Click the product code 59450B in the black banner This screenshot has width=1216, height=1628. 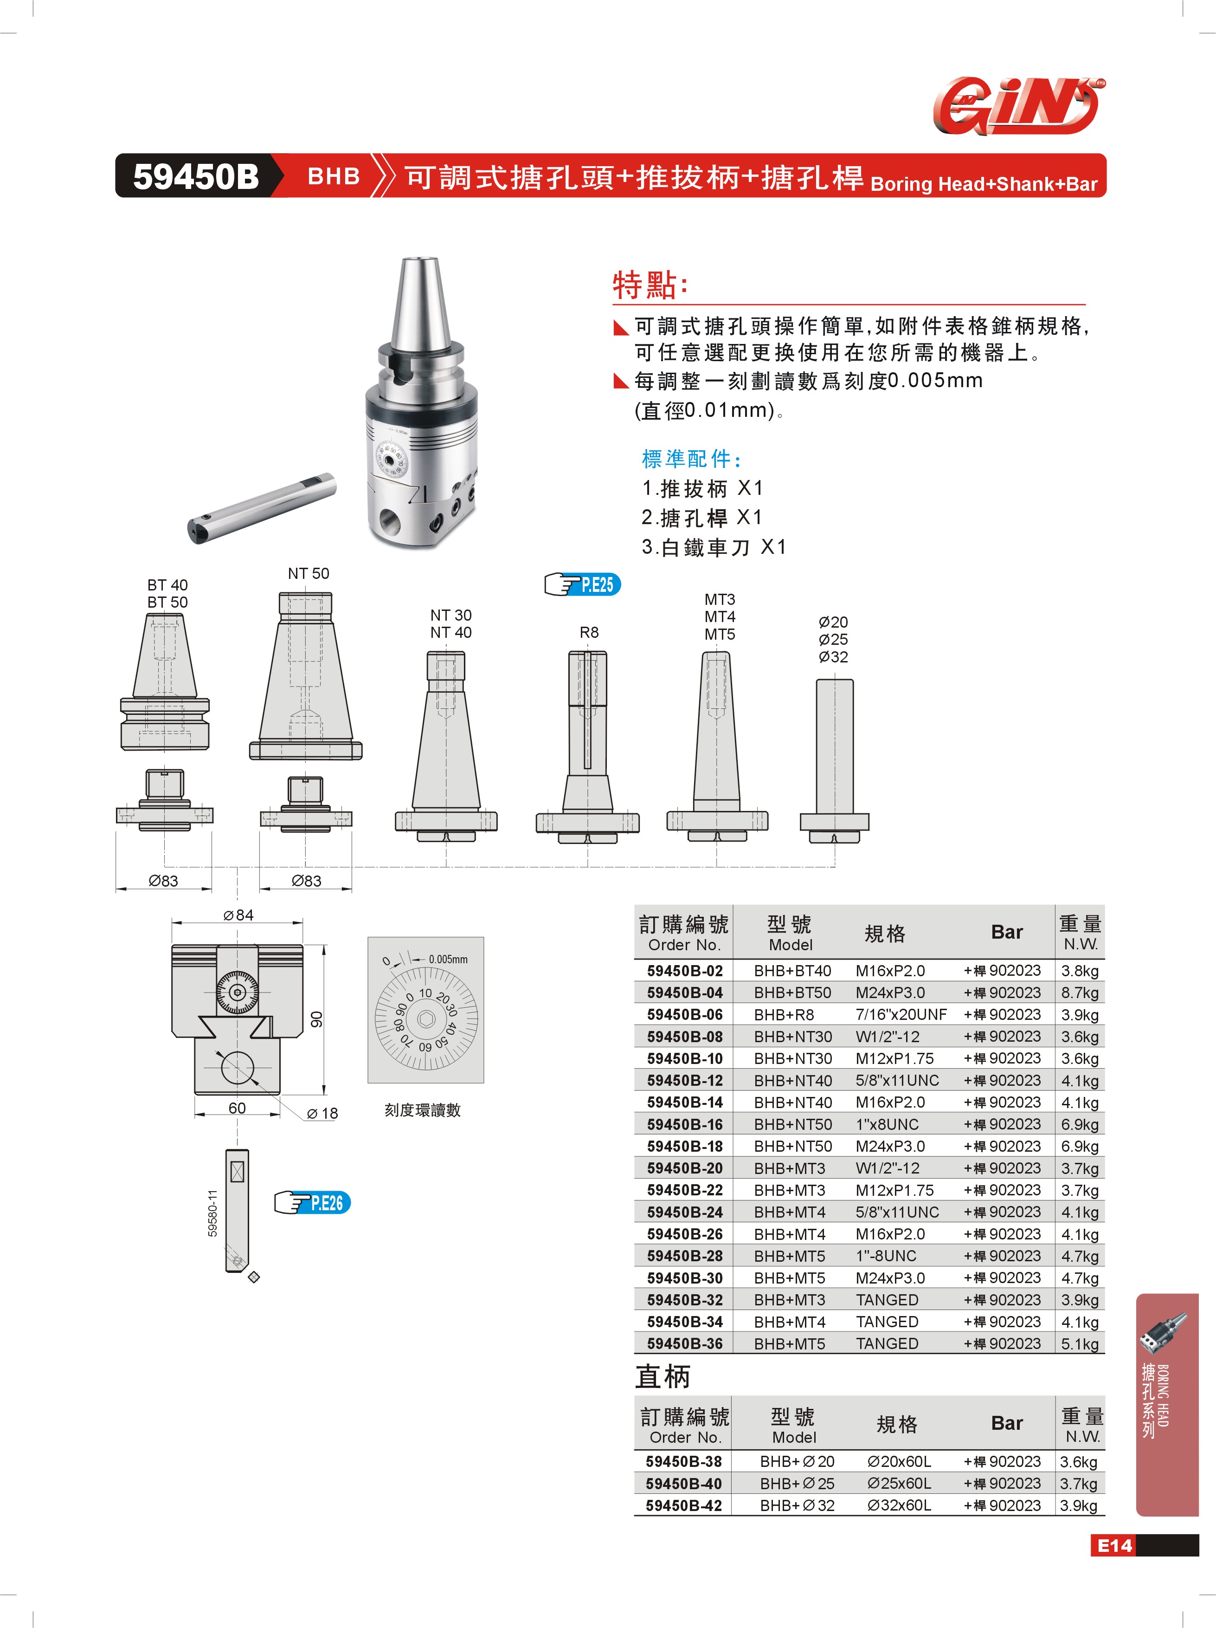click(196, 177)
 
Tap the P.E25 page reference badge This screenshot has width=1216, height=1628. click(583, 584)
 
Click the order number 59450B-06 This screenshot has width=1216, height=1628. click(684, 1014)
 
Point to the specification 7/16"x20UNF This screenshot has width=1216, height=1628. click(901, 1014)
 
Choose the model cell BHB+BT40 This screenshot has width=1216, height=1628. click(792, 971)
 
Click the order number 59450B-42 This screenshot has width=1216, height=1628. click(683, 1505)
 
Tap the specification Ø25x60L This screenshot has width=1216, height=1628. click(899, 1483)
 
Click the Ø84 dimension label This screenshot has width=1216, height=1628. click(238, 915)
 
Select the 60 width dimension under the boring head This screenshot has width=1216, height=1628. click(237, 1108)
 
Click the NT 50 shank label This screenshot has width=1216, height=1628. click(308, 573)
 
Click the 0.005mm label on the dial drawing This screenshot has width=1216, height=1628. click(448, 960)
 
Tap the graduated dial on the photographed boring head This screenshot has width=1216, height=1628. click(390, 459)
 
